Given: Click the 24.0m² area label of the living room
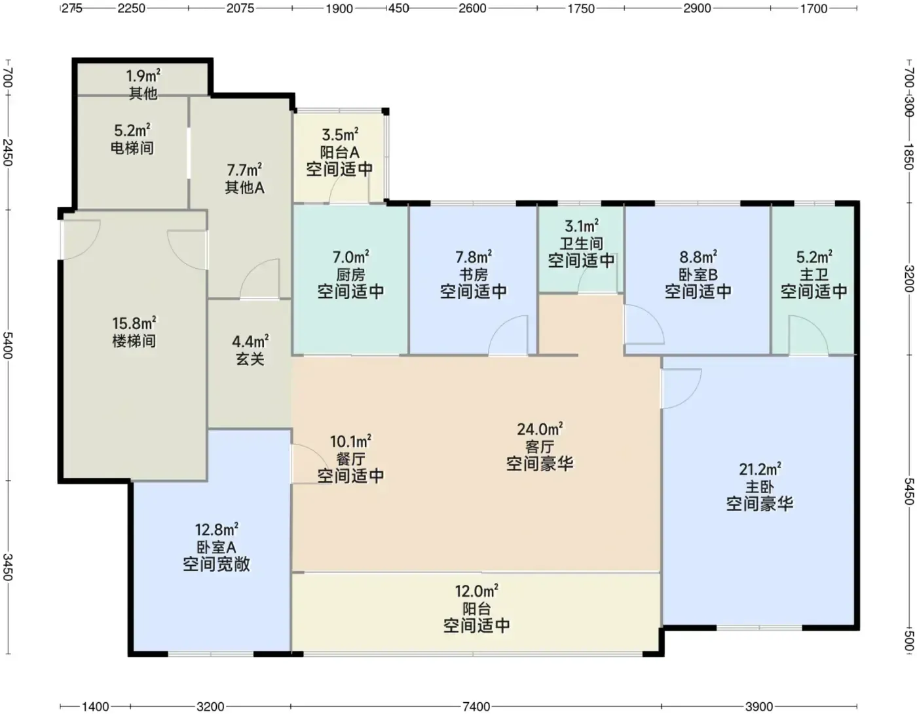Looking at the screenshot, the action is click(x=540, y=429).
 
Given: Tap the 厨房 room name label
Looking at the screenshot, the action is click(x=350, y=275).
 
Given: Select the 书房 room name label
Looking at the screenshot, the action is click(x=474, y=275).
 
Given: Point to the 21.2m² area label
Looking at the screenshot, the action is click(x=760, y=469).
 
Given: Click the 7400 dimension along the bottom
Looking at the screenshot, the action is click(x=476, y=706).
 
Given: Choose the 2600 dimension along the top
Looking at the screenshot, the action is click(x=472, y=9).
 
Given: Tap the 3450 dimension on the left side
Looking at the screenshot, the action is click(x=8, y=567).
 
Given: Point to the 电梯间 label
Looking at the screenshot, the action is click(x=132, y=148).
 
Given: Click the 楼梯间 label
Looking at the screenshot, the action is click(x=134, y=341).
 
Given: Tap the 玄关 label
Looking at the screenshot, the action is click(x=250, y=359).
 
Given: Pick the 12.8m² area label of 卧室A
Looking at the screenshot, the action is click(x=217, y=529).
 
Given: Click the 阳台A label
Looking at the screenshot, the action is click(x=339, y=151).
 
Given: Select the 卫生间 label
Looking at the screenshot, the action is click(x=581, y=243).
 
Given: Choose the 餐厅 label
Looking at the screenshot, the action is click(x=350, y=458).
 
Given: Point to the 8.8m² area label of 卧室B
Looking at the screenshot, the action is click(x=698, y=257).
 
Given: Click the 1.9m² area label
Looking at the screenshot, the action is click(x=143, y=76).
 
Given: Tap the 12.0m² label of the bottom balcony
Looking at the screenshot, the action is click(x=476, y=591).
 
